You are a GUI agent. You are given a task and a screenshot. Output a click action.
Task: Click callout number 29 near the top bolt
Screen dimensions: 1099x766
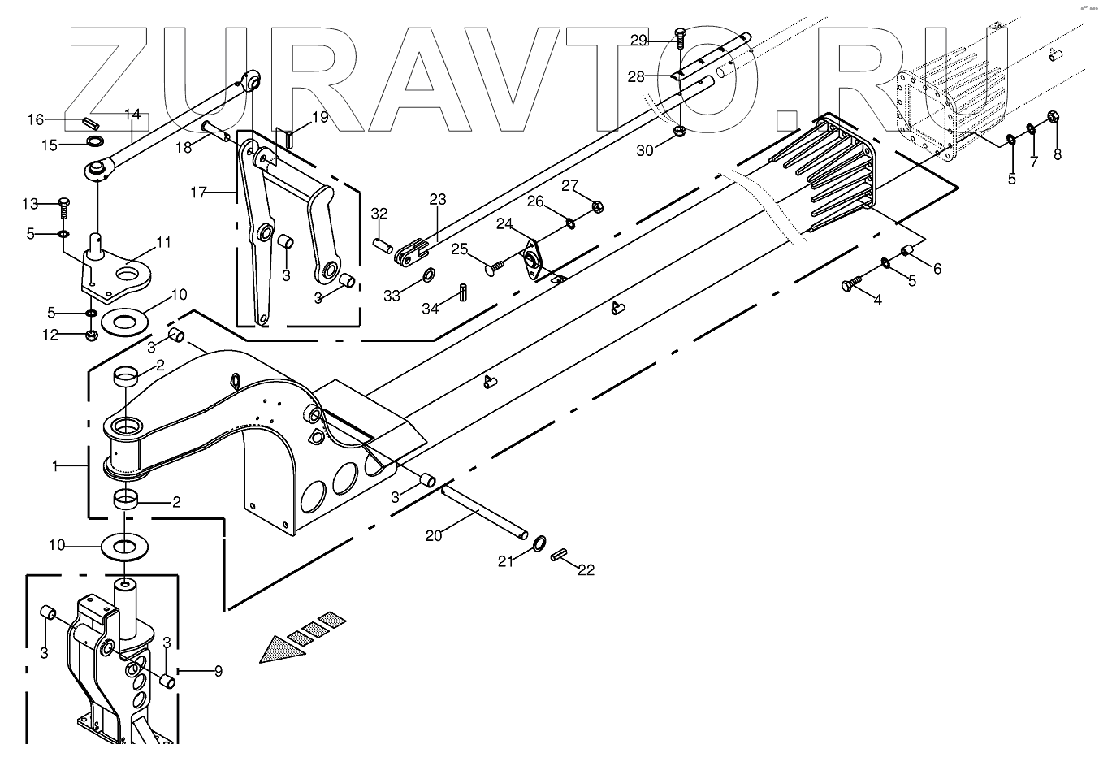638,40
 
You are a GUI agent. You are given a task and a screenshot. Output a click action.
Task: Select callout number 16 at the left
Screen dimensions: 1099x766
36,120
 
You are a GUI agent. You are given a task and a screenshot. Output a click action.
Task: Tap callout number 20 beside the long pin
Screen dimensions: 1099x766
434,535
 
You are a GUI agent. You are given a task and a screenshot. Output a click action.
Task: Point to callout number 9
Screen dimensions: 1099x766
218,672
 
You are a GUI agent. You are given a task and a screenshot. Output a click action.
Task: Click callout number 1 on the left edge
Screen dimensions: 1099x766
55,466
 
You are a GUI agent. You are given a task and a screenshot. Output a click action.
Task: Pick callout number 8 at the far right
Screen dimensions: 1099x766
1057,154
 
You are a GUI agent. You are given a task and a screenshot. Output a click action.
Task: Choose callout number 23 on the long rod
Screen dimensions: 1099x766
438,199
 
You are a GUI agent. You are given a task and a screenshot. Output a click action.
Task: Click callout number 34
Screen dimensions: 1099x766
431,309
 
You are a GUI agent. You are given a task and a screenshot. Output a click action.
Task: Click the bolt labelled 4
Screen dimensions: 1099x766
849,284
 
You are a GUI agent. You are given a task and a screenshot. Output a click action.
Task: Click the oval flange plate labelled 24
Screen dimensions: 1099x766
533,261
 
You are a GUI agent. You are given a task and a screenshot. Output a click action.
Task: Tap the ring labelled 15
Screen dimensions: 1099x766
96,144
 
